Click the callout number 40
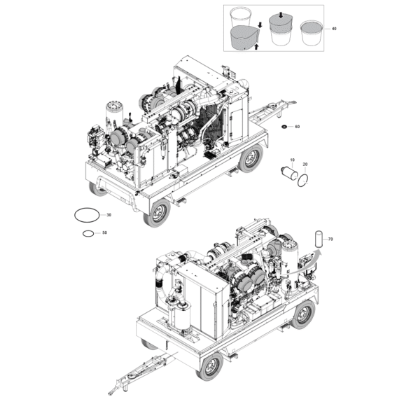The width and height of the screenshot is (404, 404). tap(334, 29)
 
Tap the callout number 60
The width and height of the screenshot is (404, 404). tap(297, 127)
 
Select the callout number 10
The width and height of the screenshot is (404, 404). tap(293, 160)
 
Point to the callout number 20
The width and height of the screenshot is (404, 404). tap(305, 164)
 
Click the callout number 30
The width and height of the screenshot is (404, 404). tap(109, 215)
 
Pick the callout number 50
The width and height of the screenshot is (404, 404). tap(104, 232)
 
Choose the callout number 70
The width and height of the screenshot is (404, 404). tap(330, 239)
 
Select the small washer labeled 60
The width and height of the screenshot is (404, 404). tap(285, 127)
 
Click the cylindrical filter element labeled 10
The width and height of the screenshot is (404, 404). tap(289, 174)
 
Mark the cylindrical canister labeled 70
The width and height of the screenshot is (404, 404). tap(319, 239)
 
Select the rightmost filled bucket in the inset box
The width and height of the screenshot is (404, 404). tap(312, 33)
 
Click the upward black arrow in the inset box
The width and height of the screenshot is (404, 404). tap(256, 46)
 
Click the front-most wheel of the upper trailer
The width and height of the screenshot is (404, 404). tap(157, 214)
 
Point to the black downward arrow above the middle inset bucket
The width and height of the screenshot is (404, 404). tap(281, 15)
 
